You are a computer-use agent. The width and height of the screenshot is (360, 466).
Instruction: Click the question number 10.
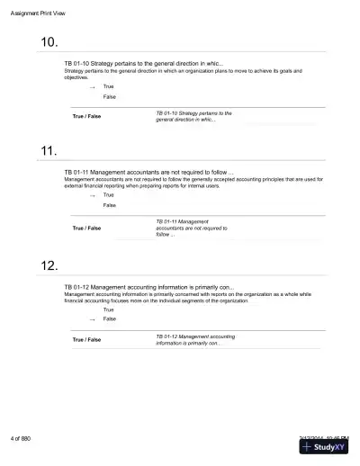click(50, 43)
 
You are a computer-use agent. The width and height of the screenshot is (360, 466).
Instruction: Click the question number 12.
click(50, 265)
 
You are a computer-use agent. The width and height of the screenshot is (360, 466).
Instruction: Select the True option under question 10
click(109, 86)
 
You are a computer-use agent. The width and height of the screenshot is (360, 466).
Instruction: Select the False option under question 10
click(109, 96)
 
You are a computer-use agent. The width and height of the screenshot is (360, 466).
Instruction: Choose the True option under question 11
click(109, 194)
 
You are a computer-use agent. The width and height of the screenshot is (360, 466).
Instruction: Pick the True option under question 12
click(109, 309)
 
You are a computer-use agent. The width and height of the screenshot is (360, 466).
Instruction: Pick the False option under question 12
click(109, 318)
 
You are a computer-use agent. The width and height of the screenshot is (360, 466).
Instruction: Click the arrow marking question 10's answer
click(92, 86)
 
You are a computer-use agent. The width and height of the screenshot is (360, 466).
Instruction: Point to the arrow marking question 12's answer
click(92, 318)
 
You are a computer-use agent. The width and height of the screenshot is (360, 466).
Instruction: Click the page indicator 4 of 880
click(21, 438)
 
